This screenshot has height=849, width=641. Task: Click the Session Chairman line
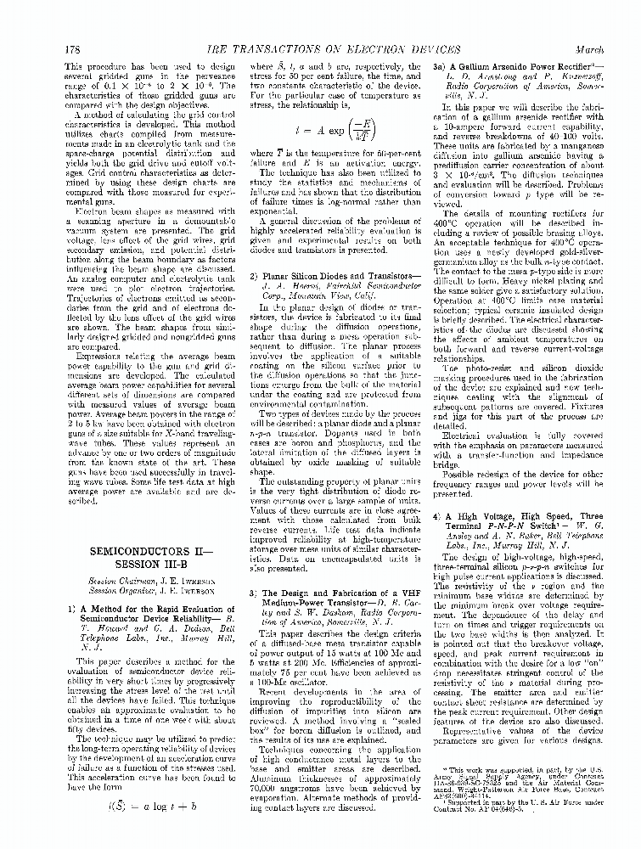coord(141,582)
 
